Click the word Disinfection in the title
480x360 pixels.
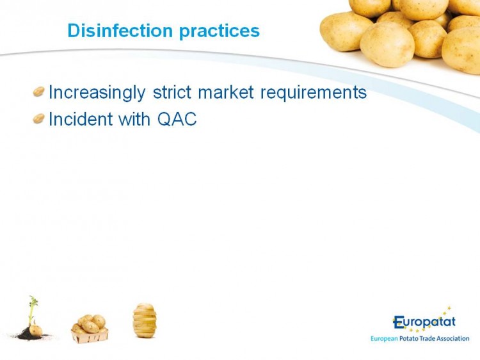[x=120, y=30]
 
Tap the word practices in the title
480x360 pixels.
[x=219, y=31]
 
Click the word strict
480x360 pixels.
[x=172, y=92]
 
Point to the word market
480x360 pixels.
[x=226, y=92]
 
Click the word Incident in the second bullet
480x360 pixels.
[x=81, y=119]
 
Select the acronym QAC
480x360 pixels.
[x=177, y=119]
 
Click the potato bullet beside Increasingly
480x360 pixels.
[x=39, y=92]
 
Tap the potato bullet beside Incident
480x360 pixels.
[x=39, y=119]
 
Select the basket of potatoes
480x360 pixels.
[x=90, y=329]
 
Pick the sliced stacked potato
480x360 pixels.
[x=145, y=320]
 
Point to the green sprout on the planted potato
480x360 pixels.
[x=32, y=309]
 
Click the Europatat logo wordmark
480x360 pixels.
[x=424, y=322]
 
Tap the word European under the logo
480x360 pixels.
[x=384, y=339]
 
